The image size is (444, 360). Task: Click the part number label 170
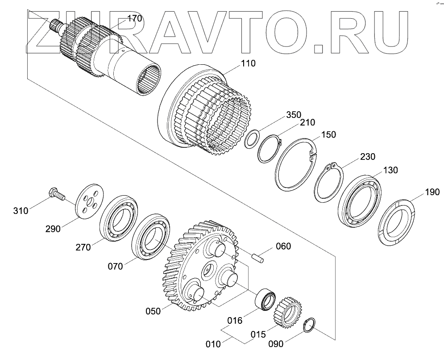click(x=134, y=18)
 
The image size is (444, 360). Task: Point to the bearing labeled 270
click(x=118, y=218)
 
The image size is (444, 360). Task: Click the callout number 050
click(x=153, y=311)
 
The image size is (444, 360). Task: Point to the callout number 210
click(x=308, y=122)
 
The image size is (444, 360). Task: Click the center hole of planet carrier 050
click(x=207, y=271)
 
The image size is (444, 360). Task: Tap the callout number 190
click(x=432, y=193)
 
